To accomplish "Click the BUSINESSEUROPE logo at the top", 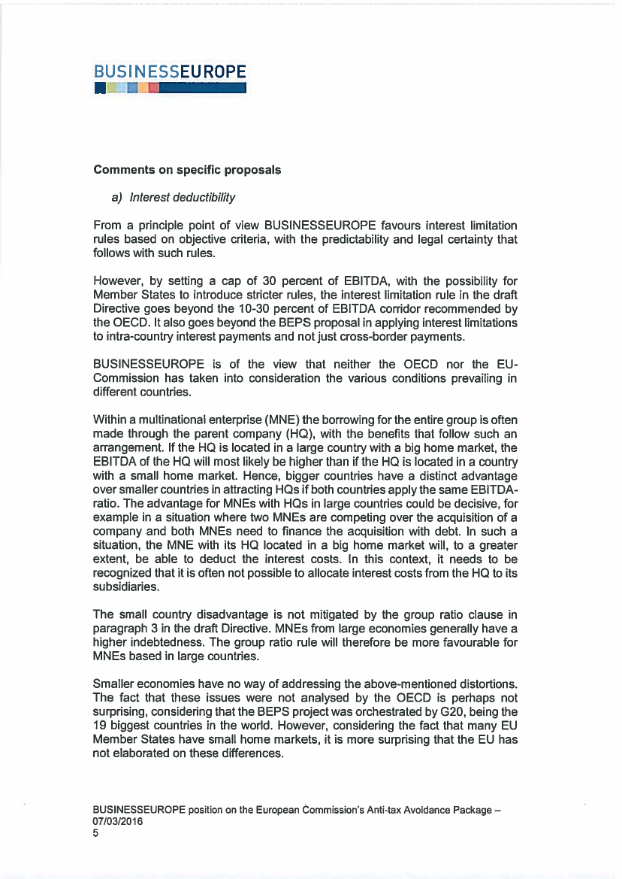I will click(170, 78).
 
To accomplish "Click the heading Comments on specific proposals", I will click(187, 170).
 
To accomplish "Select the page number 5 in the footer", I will click(96, 833).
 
